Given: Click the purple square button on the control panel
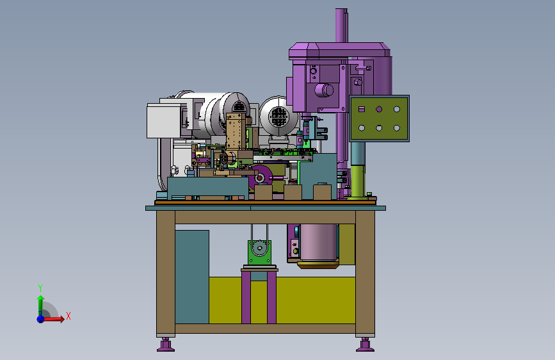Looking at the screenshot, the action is (362, 109).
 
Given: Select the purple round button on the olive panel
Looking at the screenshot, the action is (379, 109).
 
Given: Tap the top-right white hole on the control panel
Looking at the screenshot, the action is (396, 109).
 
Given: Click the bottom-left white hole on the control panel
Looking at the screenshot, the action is (362, 128).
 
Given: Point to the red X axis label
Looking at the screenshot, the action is (68, 316).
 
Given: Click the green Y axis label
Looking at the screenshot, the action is (40, 288).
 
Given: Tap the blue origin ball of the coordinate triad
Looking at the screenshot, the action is (41, 319).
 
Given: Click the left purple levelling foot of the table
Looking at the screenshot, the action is (165, 345).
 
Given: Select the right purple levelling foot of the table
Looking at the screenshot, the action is (365, 345).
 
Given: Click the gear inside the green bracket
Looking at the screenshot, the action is (260, 248).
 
